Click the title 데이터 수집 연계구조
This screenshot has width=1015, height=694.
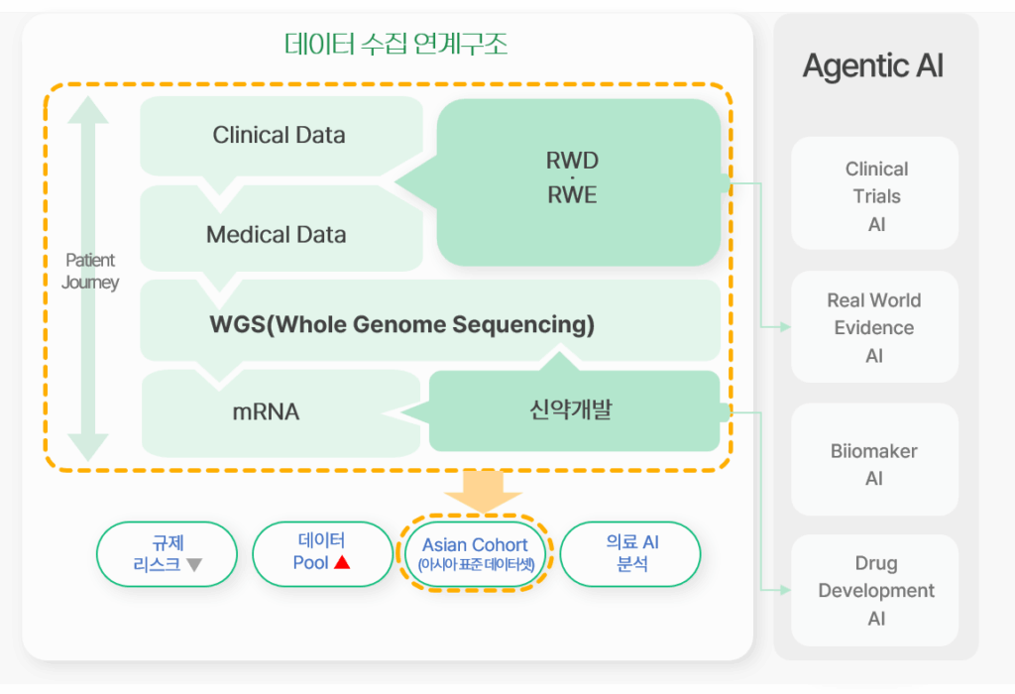pos(395,44)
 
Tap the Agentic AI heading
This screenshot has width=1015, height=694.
pos(872,66)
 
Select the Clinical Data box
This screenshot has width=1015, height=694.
pos(281,136)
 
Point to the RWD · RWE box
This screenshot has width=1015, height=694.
pos(579,181)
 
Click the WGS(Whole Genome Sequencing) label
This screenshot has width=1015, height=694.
pos(402,323)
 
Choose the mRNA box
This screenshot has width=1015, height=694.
pos(281,413)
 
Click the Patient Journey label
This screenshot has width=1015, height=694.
pos(90,272)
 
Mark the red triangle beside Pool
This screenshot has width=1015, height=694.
pos(342,562)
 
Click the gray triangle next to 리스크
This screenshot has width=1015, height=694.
pos(194,565)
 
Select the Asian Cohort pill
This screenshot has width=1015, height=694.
pos(475,554)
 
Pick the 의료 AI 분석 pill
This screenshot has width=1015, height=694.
pos(630,554)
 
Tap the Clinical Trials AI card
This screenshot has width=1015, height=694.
pos(874,193)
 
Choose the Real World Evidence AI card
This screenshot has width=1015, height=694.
pos(874,327)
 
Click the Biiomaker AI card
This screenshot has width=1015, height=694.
pos(874,460)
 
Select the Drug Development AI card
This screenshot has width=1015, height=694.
pos(874,591)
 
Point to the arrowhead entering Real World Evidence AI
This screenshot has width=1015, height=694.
pos(786,327)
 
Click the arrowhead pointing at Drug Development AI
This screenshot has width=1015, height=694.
pos(786,590)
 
